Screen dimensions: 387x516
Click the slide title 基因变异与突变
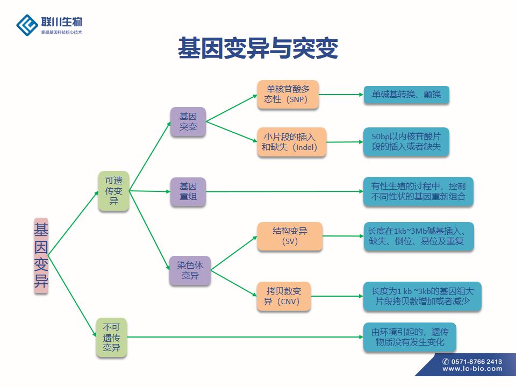(x=258, y=48)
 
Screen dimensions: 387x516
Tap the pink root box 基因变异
(x=41, y=256)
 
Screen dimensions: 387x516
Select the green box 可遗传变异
(x=113, y=191)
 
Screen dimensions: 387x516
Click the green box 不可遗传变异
(x=112, y=338)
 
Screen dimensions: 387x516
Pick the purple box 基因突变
(x=188, y=121)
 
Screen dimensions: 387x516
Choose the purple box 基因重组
(x=188, y=191)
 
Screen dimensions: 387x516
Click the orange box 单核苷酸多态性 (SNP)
(x=288, y=94)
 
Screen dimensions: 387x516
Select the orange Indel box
(x=291, y=142)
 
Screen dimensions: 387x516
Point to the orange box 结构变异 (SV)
(x=290, y=236)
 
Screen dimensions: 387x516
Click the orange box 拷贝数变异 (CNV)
(x=284, y=296)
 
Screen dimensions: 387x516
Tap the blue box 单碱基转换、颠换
(x=406, y=95)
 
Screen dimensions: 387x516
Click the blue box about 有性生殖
(x=419, y=191)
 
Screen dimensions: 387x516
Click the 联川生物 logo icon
(x=27, y=24)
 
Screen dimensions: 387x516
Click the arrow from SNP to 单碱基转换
(x=341, y=95)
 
